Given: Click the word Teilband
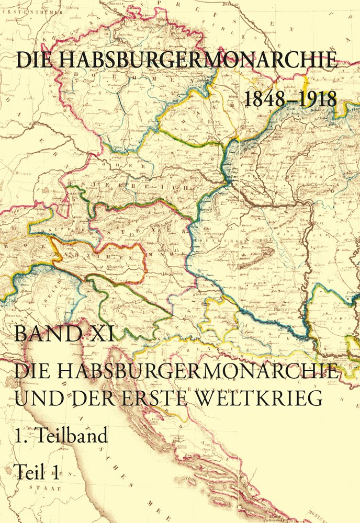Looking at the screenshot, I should tap(72, 435).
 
